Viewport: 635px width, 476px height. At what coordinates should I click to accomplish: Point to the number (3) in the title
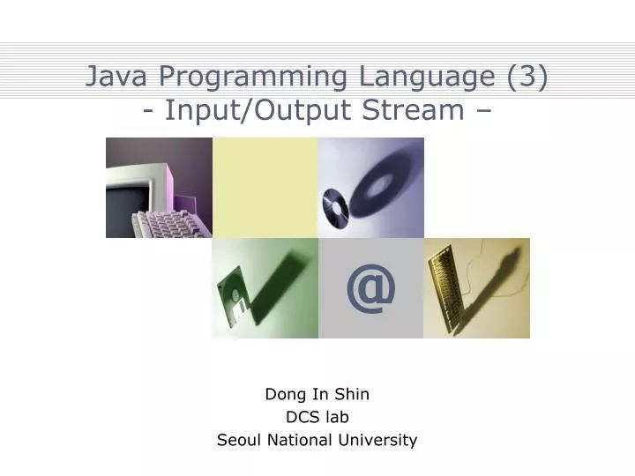coord(527,78)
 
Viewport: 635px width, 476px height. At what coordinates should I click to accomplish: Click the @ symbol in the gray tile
coord(370,288)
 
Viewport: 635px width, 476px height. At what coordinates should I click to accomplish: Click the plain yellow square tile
coord(265,187)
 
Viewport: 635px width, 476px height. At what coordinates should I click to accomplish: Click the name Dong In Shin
coord(317,395)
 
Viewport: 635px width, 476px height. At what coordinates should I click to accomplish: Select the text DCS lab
coord(317,417)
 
